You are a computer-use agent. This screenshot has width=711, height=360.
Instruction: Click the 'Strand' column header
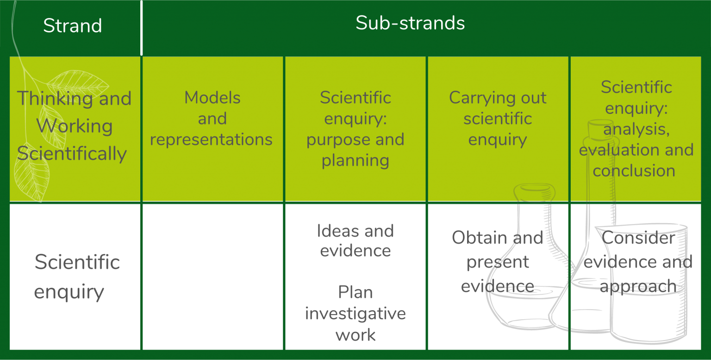tap(73, 25)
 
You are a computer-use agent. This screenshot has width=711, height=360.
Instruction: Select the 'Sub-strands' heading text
tap(410, 23)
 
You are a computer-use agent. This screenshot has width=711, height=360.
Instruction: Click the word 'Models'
tap(212, 98)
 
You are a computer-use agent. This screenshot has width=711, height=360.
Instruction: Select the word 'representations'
tap(211, 140)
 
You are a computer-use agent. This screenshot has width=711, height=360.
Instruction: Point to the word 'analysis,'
tap(636, 129)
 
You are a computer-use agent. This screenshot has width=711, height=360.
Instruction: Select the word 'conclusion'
tap(634, 171)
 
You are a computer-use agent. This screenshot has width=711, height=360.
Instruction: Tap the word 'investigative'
tap(355, 314)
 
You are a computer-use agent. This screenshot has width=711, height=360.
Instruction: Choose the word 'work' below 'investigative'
tap(355, 335)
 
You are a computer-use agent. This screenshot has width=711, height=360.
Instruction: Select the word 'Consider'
tap(640, 238)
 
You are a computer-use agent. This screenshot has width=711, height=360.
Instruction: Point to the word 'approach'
tap(641, 286)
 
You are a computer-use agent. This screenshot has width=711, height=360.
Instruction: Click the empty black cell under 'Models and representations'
tap(212, 277)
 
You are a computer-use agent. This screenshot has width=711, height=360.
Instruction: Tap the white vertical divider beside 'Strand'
tap(142, 28)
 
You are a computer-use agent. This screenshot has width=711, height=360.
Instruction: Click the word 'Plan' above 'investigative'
tap(355, 292)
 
